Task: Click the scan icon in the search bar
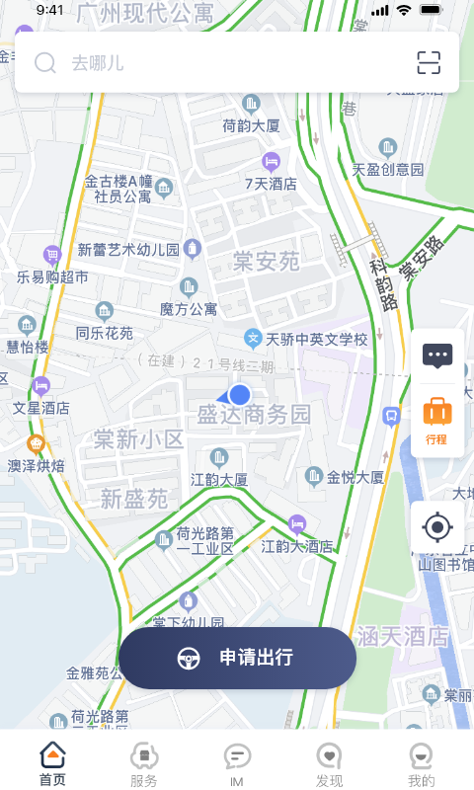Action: click(x=428, y=63)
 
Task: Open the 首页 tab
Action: click(x=52, y=765)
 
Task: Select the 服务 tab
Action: click(x=144, y=765)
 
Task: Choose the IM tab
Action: click(x=237, y=765)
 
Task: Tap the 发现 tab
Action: click(x=329, y=765)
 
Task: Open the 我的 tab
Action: click(x=422, y=765)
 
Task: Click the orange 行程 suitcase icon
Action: click(x=436, y=419)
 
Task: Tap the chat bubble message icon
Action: click(x=437, y=355)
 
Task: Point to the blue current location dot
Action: click(x=239, y=395)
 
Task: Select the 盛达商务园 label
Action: click(x=254, y=414)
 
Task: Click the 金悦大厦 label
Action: click(x=355, y=477)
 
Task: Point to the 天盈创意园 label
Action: click(x=387, y=169)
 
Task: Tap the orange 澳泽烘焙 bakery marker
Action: click(x=38, y=443)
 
